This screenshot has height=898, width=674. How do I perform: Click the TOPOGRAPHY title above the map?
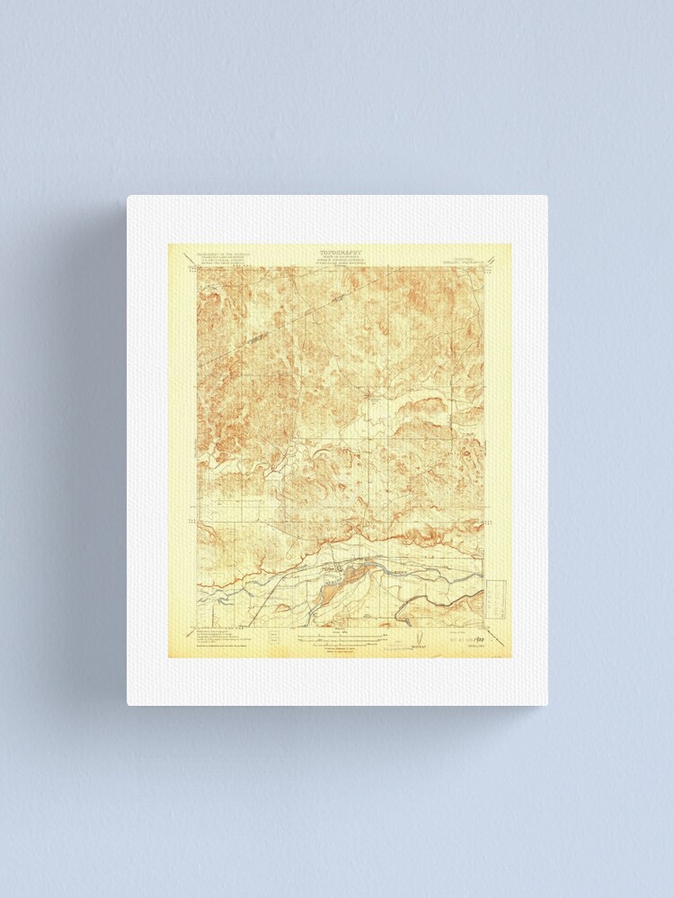341,253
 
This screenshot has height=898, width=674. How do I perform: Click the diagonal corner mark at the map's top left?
191,267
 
